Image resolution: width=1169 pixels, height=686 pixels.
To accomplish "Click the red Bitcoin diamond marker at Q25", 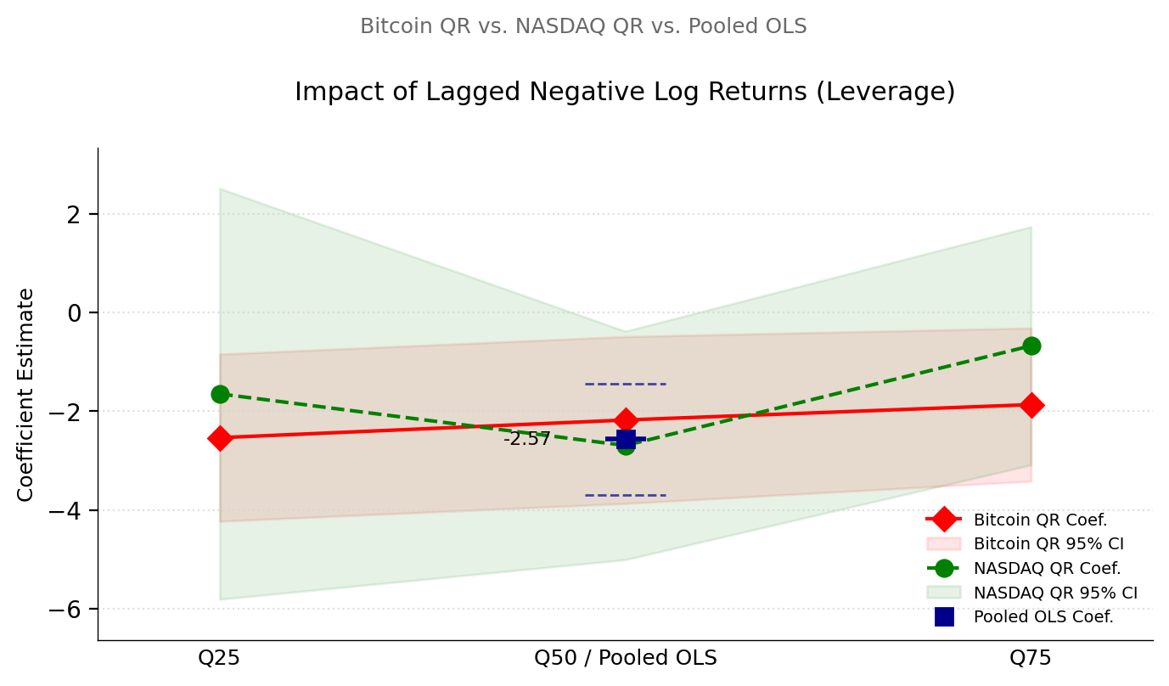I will click(220, 438).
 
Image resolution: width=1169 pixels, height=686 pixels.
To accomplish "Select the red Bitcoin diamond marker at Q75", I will click(1031, 405).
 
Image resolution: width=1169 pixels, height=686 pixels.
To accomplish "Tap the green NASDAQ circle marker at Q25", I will click(220, 394).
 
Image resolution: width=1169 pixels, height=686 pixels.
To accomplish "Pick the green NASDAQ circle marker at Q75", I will click(1031, 346).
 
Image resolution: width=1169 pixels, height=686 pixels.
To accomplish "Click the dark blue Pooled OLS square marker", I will click(626, 439).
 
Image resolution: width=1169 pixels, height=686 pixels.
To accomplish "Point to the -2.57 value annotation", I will click(526, 439).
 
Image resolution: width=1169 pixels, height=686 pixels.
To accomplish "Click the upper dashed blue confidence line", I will click(626, 384).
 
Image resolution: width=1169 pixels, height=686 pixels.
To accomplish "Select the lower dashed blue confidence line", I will click(626, 495).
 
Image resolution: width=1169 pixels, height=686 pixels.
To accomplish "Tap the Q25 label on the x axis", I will click(220, 658).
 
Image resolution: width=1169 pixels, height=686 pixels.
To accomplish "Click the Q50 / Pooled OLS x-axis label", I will click(626, 658).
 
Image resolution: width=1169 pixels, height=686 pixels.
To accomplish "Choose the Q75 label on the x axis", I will click(1031, 658).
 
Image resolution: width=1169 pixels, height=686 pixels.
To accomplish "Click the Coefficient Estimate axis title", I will click(26, 394).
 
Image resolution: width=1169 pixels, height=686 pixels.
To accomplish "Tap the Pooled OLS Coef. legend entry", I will click(1043, 617).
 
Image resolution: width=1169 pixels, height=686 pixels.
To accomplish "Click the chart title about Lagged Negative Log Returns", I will click(625, 92).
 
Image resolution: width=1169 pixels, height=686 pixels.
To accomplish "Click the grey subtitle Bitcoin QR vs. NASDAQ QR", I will click(583, 26).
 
